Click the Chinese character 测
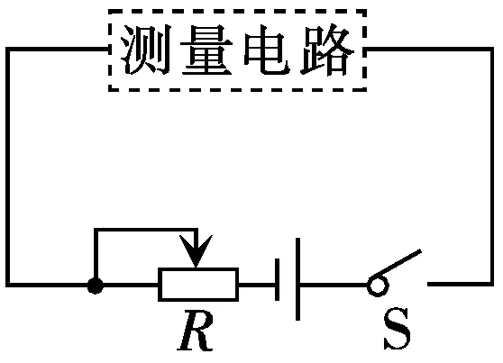(x=146, y=50)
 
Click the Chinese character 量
(x=206, y=50)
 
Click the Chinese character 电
(x=267, y=50)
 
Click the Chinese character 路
(x=327, y=50)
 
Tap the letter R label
(x=196, y=331)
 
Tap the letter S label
(x=397, y=329)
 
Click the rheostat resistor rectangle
(x=198, y=285)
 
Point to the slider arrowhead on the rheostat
(x=196, y=251)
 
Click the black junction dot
(x=96, y=286)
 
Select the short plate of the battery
(x=277, y=279)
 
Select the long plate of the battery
(x=298, y=279)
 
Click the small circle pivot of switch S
(x=378, y=285)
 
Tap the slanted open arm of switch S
(x=397, y=263)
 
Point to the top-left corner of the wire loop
(x=8, y=49)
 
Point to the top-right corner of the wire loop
(x=491, y=49)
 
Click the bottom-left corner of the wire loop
(x=8, y=285)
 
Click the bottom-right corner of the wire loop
(x=491, y=284)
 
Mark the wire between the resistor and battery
(x=257, y=285)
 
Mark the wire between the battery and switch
(x=334, y=285)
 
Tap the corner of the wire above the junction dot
(x=96, y=230)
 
